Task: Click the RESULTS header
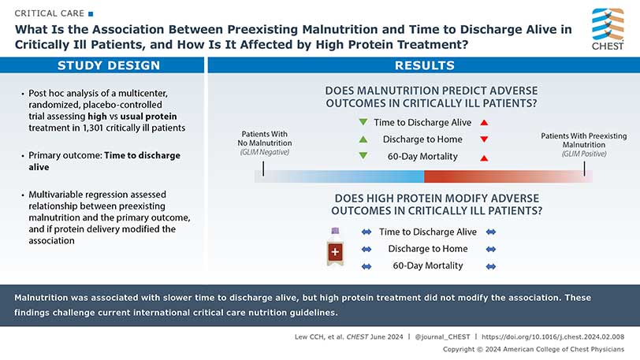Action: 423,65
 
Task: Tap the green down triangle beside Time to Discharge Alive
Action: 363,122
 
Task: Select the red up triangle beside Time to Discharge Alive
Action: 484,122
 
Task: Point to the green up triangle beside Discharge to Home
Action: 363,139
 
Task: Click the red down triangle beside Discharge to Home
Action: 484,139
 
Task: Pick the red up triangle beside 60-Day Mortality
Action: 484,157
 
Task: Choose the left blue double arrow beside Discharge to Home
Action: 366,249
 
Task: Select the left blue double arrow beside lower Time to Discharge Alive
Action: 366,232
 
